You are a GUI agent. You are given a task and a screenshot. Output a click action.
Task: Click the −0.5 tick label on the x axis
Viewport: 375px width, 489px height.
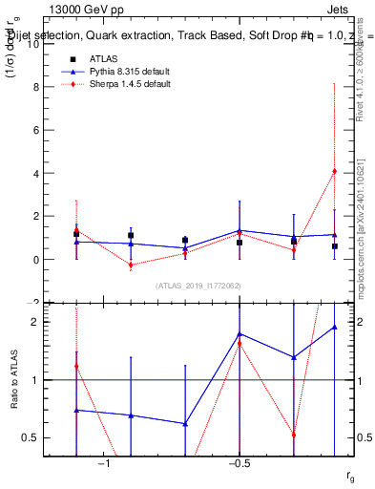click(x=239, y=464)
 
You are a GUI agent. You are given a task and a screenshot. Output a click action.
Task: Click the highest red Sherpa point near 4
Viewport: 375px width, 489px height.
click(x=334, y=171)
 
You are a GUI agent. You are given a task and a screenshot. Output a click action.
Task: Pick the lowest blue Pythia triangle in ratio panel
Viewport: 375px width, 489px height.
click(x=184, y=423)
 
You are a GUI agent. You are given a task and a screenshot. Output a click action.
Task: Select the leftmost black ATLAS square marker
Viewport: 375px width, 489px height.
click(x=76, y=234)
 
